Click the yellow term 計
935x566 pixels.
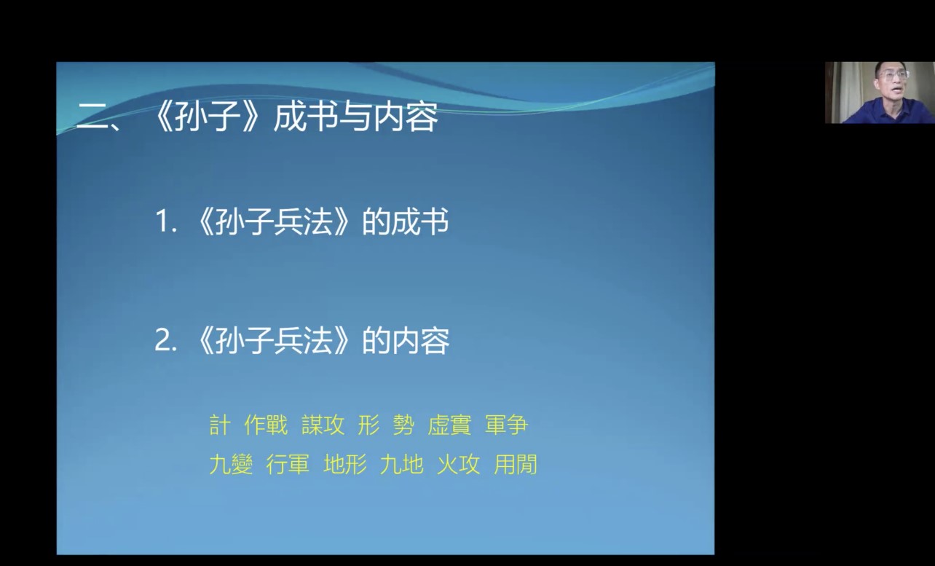220,425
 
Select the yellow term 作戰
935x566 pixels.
266,425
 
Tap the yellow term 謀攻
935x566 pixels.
323,425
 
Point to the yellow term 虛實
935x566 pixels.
449,425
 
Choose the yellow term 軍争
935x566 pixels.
506,425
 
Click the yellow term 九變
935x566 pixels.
231,464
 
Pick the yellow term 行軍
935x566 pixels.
288,464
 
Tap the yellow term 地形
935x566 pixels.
345,464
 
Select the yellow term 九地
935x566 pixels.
401,464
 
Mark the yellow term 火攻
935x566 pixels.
458,464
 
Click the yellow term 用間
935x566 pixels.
515,464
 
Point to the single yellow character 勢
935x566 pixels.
403,425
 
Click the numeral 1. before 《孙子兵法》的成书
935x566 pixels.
166,221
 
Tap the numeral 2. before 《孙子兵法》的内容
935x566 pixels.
166,341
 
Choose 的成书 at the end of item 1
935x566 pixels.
405,221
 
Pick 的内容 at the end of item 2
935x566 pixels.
406,341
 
